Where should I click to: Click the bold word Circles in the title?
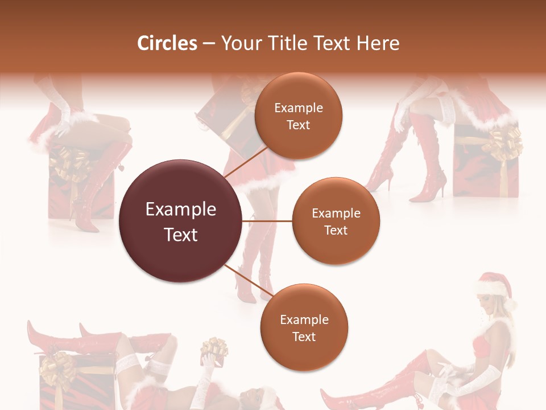(167, 43)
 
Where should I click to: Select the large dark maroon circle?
(180, 221)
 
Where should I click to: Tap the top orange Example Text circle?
(299, 116)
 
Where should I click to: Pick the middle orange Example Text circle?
(336, 221)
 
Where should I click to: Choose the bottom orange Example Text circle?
(304, 327)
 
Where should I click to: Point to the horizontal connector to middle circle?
(267, 220)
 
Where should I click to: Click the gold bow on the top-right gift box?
(504, 142)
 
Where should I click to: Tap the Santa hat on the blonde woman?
(494, 285)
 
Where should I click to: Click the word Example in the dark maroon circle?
(180, 210)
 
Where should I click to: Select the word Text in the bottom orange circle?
(304, 337)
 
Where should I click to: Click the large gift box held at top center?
(225, 111)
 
